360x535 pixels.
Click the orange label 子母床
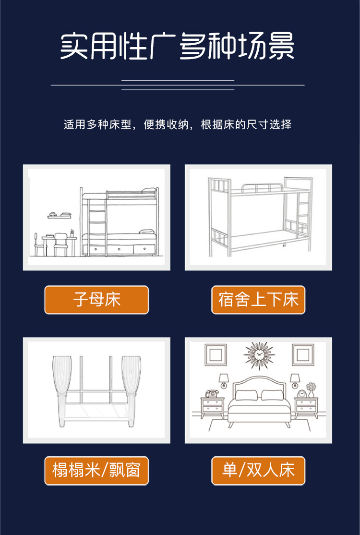pos(96,300)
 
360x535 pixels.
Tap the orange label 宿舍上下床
pos(258,300)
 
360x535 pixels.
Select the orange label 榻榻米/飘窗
pos(96,471)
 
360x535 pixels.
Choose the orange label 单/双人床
pos(258,471)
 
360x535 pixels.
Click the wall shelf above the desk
pos(57,215)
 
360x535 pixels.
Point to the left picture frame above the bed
pos(216,355)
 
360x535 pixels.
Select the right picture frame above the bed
pos(303,355)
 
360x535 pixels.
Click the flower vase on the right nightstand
pos(311,389)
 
